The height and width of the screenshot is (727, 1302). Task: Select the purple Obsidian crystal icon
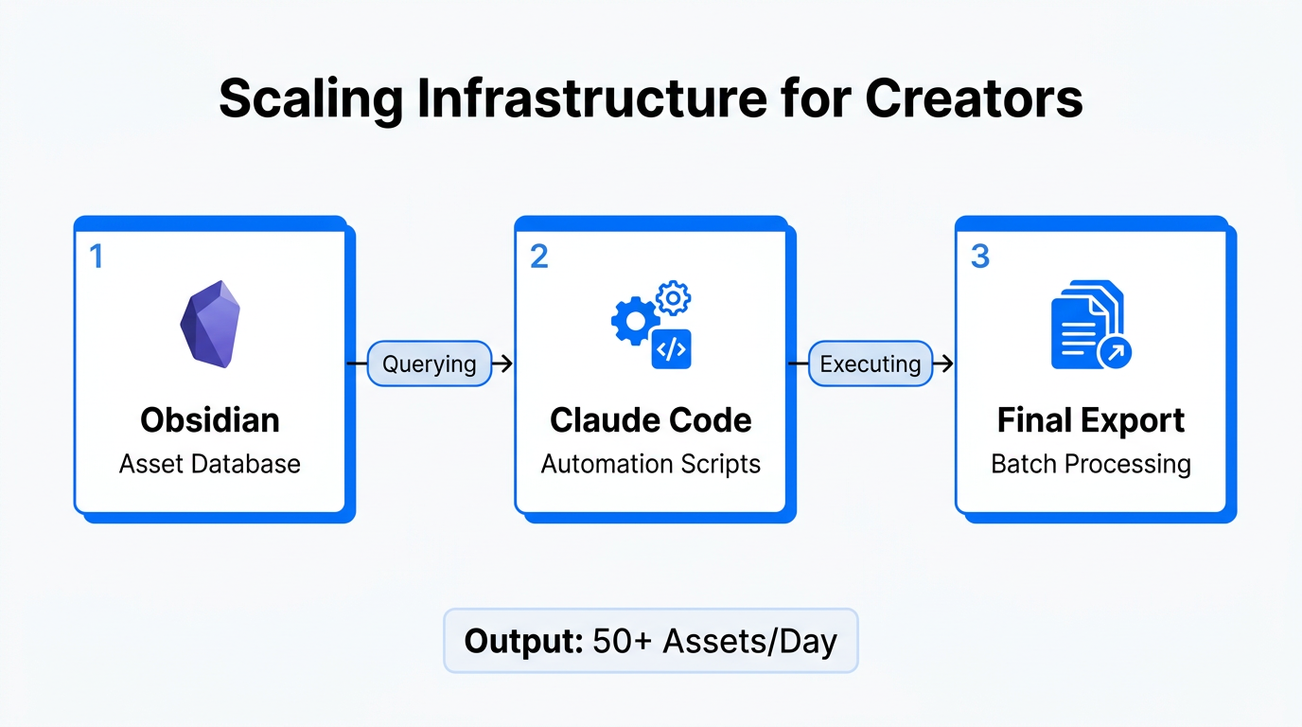pos(210,324)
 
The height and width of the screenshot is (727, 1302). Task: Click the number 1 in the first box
pos(96,256)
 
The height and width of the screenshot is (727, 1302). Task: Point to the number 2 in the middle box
pos(538,256)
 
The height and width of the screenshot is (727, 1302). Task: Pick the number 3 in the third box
pos(980,256)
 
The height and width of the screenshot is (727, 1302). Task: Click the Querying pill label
pos(429,363)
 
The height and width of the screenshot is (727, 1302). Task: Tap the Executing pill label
pos(870,363)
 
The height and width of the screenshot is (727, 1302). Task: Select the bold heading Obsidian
pos(210,419)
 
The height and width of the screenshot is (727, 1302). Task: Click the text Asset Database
pos(210,464)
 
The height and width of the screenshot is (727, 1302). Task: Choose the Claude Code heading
pos(651,419)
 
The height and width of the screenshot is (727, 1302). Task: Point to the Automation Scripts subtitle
pos(651,464)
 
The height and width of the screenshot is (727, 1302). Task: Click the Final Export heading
pos(1091,419)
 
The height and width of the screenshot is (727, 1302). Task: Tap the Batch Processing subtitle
pos(1091,464)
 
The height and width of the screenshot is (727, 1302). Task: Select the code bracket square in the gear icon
pos(671,349)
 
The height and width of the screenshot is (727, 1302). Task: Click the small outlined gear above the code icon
pos(674,298)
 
